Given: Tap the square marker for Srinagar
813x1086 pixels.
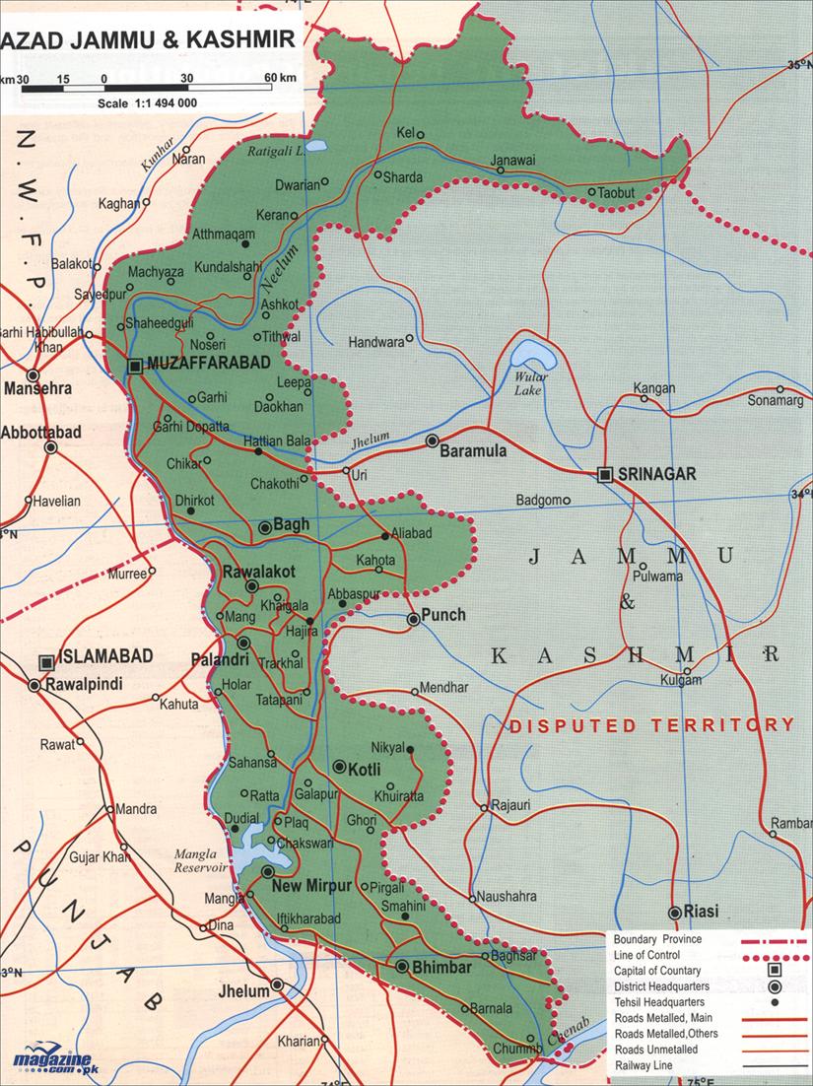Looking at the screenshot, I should coord(606,475).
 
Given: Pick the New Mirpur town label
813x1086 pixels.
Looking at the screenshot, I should coord(312,886).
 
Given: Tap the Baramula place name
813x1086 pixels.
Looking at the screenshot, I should coord(473,451).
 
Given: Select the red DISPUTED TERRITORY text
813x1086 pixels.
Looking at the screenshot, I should coord(651,724).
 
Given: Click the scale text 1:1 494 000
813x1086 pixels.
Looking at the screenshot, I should coord(148,102).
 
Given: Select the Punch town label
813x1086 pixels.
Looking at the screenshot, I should coord(442,616).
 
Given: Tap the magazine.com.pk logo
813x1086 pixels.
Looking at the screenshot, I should coord(57,1058).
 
